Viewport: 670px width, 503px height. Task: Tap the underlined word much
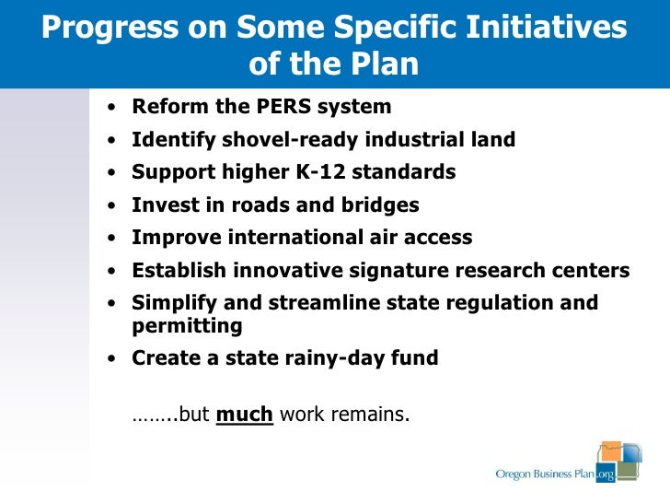click(x=244, y=414)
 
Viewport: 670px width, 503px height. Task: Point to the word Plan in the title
click(x=386, y=64)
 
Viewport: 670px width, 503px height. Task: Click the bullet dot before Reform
click(x=111, y=108)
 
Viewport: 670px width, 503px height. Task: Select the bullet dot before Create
click(x=111, y=359)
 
